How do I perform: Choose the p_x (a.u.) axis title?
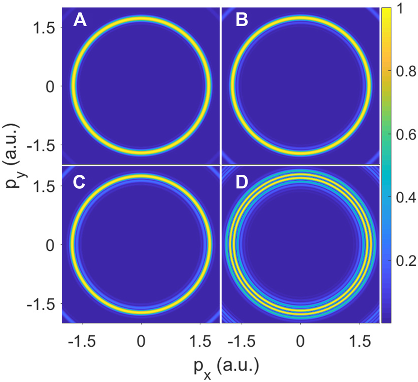click(x=221, y=365)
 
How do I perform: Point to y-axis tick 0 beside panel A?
click(x=51, y=86)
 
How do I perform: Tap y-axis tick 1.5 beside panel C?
click(x=45, y=186)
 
